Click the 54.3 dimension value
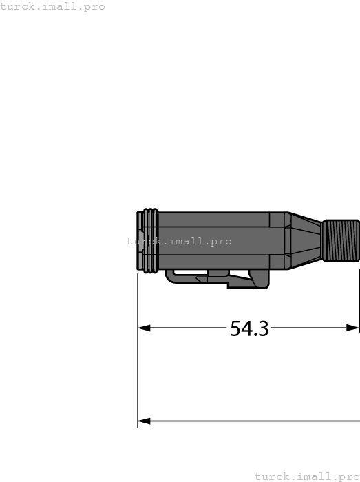(248, 328)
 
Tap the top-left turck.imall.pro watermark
(53, 6)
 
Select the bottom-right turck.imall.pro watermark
(307, 476)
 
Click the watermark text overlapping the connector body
(179, 242)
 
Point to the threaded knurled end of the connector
(341, 240)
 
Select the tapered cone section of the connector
(303, 240)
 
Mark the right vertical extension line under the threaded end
(359, 296)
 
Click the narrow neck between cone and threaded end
(321, 240)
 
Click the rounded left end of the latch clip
(169, 275)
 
